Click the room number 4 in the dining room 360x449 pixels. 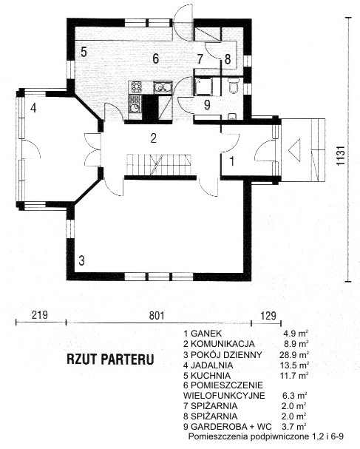coord(33,108)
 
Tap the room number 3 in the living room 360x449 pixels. coord(81,260)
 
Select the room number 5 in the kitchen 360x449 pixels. coord(84,52)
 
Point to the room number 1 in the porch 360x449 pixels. coord(232,161)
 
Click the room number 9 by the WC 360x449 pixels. coord(207,105)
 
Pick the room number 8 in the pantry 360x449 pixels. coord(228,59)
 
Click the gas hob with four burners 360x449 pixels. coord(137,87)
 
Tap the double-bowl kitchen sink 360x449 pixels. coord(163,87)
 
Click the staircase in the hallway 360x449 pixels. coord(159,165)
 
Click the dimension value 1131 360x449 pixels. coord(340,155)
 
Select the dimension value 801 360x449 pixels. coord(157,316)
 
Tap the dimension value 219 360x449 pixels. coord(39,315)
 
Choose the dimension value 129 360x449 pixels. coord(269,315)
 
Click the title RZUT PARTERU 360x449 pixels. coord(110,359)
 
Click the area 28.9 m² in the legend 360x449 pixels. coord(294,355)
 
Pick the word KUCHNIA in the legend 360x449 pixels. coord(211,376)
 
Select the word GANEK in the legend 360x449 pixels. coord(206,334)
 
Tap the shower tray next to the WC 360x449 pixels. coord(203,87)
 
